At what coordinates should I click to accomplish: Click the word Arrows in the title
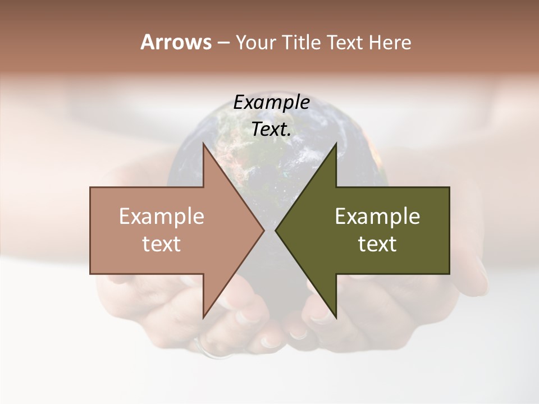point(176,42)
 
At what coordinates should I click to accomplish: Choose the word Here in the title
point(390,43)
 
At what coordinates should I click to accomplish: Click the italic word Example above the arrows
point(271,102)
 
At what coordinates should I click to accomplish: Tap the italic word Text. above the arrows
point(271,129)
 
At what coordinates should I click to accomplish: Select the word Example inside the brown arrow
point(161,216)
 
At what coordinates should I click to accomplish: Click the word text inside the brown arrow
point(161,244)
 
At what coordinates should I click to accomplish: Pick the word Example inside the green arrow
point(377,216)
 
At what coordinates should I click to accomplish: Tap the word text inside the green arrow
point(377,244)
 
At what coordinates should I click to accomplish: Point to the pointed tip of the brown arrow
point(264,230)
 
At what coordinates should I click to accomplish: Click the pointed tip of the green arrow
point(276,230)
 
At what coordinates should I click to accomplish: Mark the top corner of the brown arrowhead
point(203,144)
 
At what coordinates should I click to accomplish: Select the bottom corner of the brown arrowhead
point(203,317)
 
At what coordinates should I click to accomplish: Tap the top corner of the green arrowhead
point(336,144)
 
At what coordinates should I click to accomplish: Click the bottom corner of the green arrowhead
point(336,317)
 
